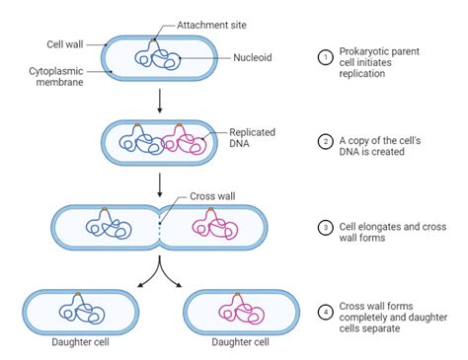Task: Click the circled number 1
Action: pos(327,57)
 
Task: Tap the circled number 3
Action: pos(327,227)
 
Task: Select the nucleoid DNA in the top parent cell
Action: pos(156,55)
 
